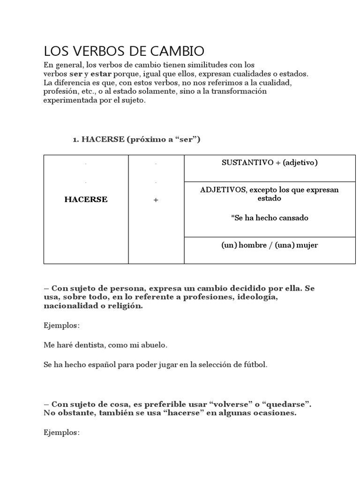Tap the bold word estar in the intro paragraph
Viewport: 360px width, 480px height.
coord(101,74)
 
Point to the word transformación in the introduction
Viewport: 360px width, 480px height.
coord(239,91)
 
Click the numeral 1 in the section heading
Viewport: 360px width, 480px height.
coord(74,140)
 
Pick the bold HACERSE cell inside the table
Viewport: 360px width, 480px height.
coord(86,200)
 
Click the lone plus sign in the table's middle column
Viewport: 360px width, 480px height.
coord(156,200)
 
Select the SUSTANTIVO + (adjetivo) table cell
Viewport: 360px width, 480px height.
coord(270,163)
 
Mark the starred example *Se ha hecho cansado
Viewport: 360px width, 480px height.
coord(270,218)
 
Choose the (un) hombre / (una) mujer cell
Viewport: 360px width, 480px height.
coord(270,245)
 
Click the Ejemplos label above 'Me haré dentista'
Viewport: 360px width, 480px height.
coord(61,325)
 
